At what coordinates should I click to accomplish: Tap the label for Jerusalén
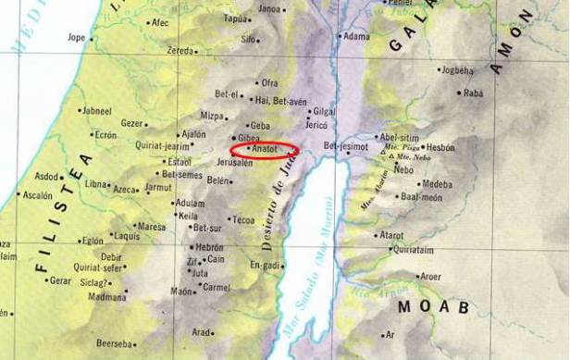click(234, 162)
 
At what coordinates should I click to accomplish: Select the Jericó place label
click(316, 124)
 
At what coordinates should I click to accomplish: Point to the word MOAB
click(433, 306)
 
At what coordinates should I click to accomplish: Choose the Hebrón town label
click(209, 248)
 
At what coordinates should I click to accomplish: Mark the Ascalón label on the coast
click(38, 196)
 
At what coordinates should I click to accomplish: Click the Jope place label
click(76, 38)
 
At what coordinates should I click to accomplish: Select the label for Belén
click(217, 181)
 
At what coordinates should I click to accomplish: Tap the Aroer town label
click(430, 276)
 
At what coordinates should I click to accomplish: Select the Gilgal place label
click(325, 110)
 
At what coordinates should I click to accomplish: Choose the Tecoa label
click(242, 220)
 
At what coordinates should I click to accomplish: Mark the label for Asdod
click(46, 176)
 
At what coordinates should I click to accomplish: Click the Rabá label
click(473, 93)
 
